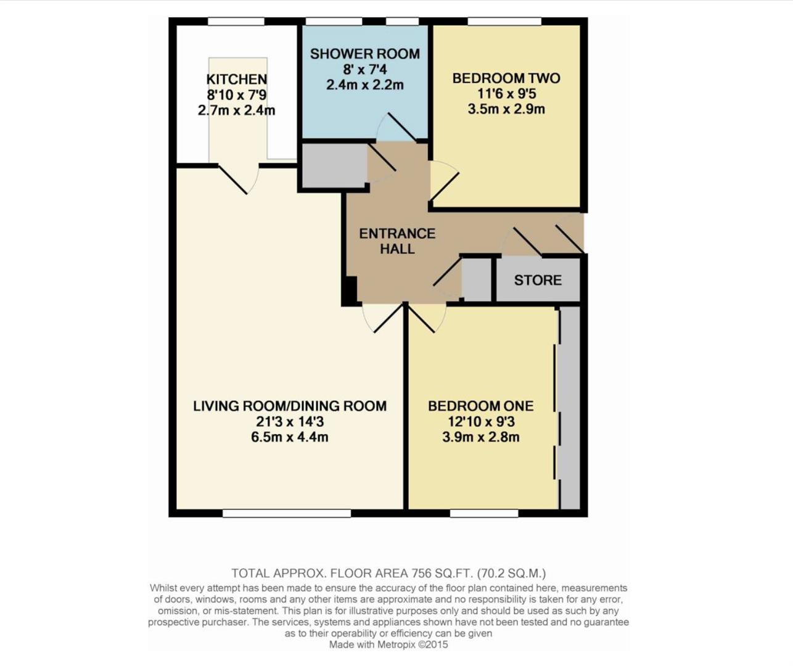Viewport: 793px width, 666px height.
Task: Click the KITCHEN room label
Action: click(236, 79)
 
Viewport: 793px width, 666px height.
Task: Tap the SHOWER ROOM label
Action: click(364, 54)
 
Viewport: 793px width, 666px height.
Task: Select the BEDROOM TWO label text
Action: click(506, 78)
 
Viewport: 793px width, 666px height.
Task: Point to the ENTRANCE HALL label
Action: click(397, 241)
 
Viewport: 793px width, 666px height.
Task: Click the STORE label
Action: click(538, 280)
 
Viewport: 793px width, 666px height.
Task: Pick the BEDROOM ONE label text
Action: click(480, 406)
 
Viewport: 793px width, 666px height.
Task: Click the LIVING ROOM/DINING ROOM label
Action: click(290, 406)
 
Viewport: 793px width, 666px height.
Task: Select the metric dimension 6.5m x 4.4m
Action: click(289, 437)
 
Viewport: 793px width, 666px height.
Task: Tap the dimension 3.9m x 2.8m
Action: click(480, 437)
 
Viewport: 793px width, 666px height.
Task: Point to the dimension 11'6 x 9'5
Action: click(506, 94)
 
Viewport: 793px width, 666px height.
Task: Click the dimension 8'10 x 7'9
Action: click(236, 95)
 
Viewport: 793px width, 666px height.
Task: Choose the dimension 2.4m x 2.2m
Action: click(364, 85)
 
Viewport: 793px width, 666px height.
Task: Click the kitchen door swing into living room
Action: click(237, 179)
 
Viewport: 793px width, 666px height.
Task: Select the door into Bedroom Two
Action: click(443, 182)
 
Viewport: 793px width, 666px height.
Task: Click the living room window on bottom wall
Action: click(286, 513)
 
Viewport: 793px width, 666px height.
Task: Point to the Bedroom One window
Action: click(483, 513)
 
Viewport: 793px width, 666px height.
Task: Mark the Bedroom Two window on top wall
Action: click(504, 22)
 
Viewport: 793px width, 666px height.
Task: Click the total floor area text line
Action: click(388, 573)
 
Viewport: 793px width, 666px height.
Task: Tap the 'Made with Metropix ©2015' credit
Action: click(388, 644)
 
